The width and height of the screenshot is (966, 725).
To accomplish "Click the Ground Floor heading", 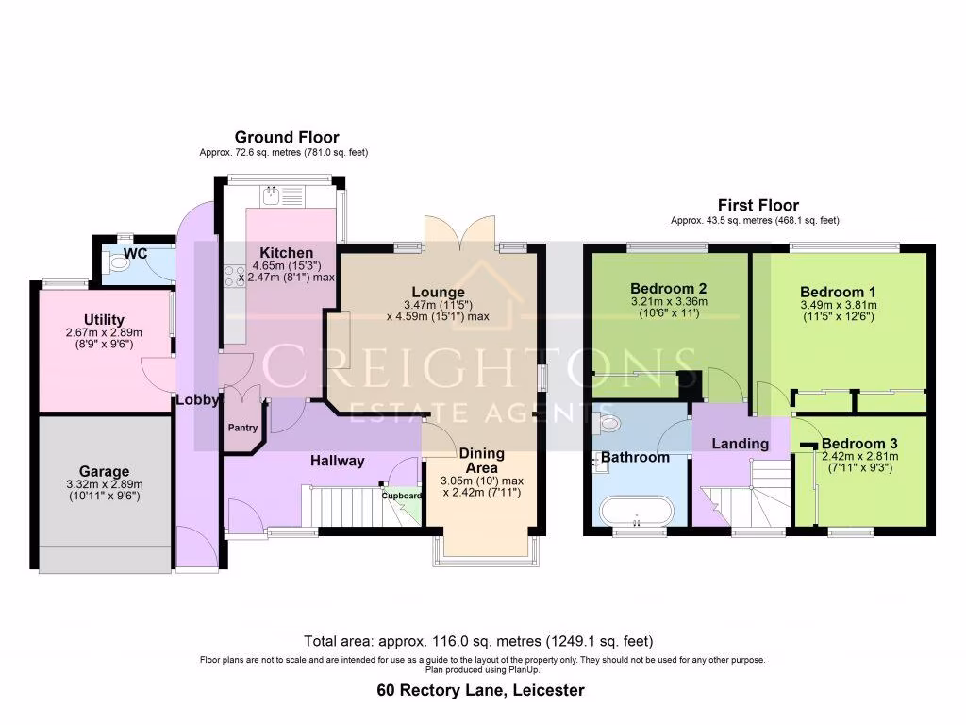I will pyautogui.click(x=287, y=137).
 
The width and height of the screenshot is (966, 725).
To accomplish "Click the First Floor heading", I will pyautogui.click(x=758, y=205).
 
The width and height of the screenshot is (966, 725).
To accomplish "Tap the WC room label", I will pyautogui.click(x=135, y=254).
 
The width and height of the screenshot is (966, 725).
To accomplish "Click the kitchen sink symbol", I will pyautogui.click(x=270, y=197).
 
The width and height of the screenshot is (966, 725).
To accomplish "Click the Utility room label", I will pyautogui.click(x=103, y=320).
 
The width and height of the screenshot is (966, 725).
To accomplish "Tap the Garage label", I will pyautogui.click(x=105, y=471).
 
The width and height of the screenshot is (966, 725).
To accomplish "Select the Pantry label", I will pyautogui.click(x=241, y=428).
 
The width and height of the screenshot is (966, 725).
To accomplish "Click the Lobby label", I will pyautogui.click(x=197, y=399).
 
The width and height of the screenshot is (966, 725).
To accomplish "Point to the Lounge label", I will pyautogui.click(x=437, y=292).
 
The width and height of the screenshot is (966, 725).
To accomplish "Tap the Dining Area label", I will pyautogui.click(x=482, y=460).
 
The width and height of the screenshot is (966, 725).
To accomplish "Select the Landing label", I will pyautogui.click(x=740, y=443).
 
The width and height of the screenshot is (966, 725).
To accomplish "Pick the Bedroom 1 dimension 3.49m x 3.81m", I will pyautogui.click(x=838, y=305).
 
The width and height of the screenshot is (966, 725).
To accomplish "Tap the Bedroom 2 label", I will pyautogui.click(x=669, y=288).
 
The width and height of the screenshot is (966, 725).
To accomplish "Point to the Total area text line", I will pyautogui.click(x=478, y=640).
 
